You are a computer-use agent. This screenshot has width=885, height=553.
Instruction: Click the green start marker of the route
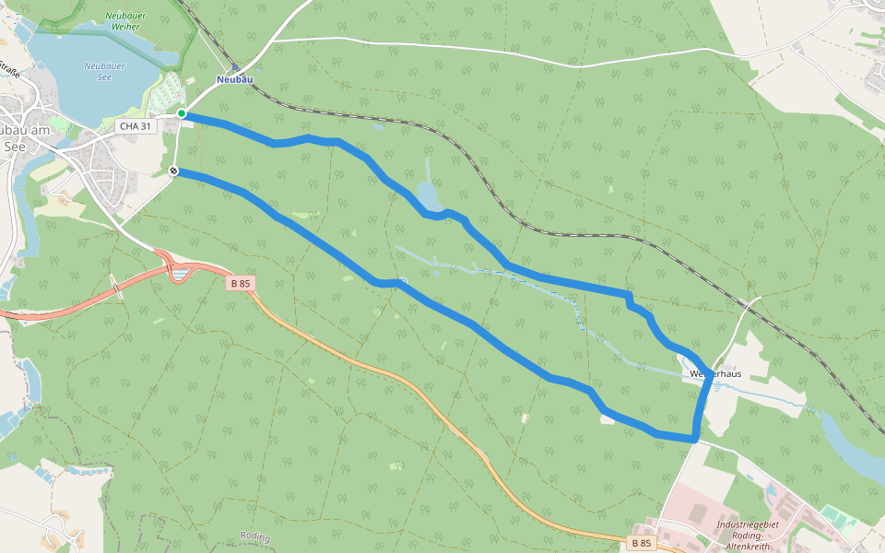pyautogui.click(x=182, y=113)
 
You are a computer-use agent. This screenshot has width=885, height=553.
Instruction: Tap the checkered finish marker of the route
pyautogui.click(x=174, y=171)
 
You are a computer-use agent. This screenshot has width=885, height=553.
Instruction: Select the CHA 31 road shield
pyautogui.click(x=136, y=125)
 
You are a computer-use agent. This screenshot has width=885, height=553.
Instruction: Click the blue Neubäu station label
pyautogui.click(x=234, y=80)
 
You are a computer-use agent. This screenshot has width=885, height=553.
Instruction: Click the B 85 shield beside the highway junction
pyautogui.click(x=240, y=284)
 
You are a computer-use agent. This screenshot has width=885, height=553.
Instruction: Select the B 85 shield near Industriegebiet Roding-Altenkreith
pyautogui.click(x=641, y=544)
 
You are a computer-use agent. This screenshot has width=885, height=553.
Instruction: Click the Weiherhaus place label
pyautogui.click(x=715, y=374)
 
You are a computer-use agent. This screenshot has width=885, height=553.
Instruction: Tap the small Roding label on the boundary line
pyautogui.click(x=254, y=535)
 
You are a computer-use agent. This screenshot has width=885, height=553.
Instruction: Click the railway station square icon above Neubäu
pyautogui.click(x=235, y=66)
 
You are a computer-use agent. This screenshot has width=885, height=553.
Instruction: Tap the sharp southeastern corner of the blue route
pyautogui.click(x=694, y=439)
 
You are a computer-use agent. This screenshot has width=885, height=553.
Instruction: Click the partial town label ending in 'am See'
pyautogui.click(x=20, y=137)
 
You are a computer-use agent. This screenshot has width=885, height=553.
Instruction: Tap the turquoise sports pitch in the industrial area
pyautogui.click(x=832, y=514)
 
